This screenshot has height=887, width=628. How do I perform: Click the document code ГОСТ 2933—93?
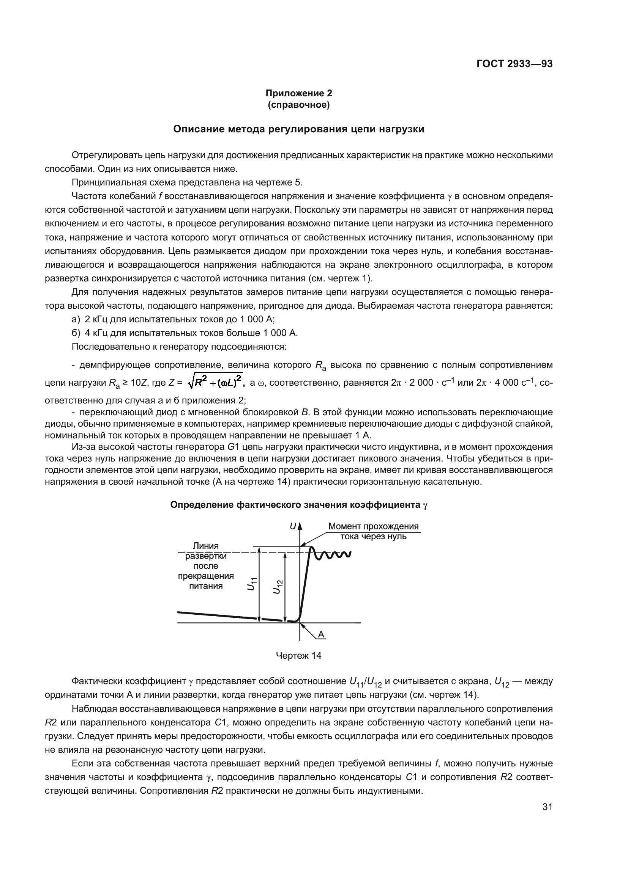pos(514,64)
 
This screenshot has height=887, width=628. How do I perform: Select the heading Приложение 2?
pos(298,93)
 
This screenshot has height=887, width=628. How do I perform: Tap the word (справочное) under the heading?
pos(298,105)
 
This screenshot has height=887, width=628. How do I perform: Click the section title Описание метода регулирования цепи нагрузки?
pos(298,129)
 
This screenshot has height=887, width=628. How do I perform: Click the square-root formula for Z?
pos(215,382)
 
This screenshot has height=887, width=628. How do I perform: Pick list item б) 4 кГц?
pos(185,333)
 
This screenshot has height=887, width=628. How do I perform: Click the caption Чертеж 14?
pos(298,655)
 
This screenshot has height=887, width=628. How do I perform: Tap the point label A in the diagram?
pos(321,634)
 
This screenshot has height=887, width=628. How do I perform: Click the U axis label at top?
pos(293,526)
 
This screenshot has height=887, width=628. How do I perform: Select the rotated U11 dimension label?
pos(252,584)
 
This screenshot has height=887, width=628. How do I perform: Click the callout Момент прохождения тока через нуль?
pos(373,531)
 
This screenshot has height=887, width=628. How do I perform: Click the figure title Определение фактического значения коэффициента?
pos(298,505)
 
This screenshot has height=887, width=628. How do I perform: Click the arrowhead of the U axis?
pos(300,526)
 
